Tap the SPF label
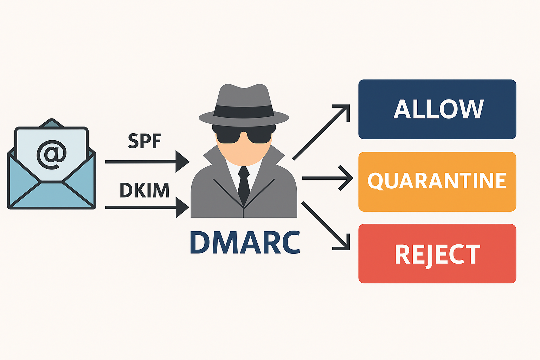coord(144,141)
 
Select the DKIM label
coord(144,190)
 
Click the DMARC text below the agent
coord(245,242)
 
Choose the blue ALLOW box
coord(437,109)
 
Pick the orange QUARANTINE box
coord(437,181)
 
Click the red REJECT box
coord(437,253)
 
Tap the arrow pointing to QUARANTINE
coord(327,178)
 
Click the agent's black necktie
coord(244,185)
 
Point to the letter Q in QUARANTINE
coord(376,181)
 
